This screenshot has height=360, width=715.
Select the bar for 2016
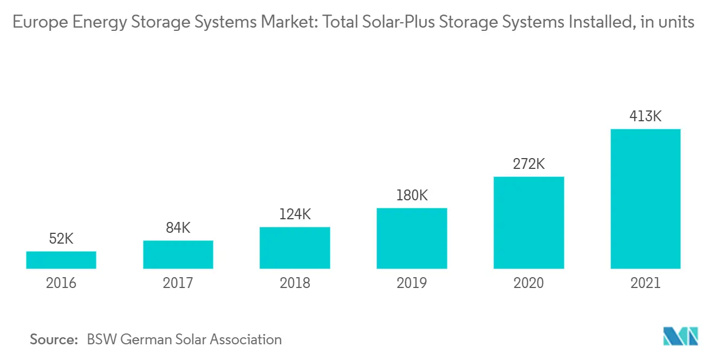[x=61, y=260]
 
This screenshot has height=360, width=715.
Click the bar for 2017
[x=178, y=254]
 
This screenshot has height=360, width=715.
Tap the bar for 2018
[x=295, y=247]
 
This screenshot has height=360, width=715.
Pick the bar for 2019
[x=412, y=238]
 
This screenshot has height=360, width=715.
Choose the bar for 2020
[x=529, y=222]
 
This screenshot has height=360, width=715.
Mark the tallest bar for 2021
[x=645, y=199]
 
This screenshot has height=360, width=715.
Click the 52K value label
[x=61, y=238]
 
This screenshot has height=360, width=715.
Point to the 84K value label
[x=178, y=228]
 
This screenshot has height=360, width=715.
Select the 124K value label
[x=295, y=214]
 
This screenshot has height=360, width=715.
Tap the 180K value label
[x=412, y=195]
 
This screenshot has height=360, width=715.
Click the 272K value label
[x=529, y=164]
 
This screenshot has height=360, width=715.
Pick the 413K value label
[x=645, y=116]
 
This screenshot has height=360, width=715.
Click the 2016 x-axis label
[x=61, y=283]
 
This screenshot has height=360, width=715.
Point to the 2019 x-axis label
[x=412, y=283]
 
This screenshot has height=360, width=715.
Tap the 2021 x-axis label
[x=645, y=283]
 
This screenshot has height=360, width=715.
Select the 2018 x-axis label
[x=295, y=283]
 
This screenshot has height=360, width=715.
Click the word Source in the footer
[x=54, y=339]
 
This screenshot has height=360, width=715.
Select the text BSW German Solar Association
[x=184, y=339]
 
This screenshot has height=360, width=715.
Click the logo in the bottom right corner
[x=681, y=336]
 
